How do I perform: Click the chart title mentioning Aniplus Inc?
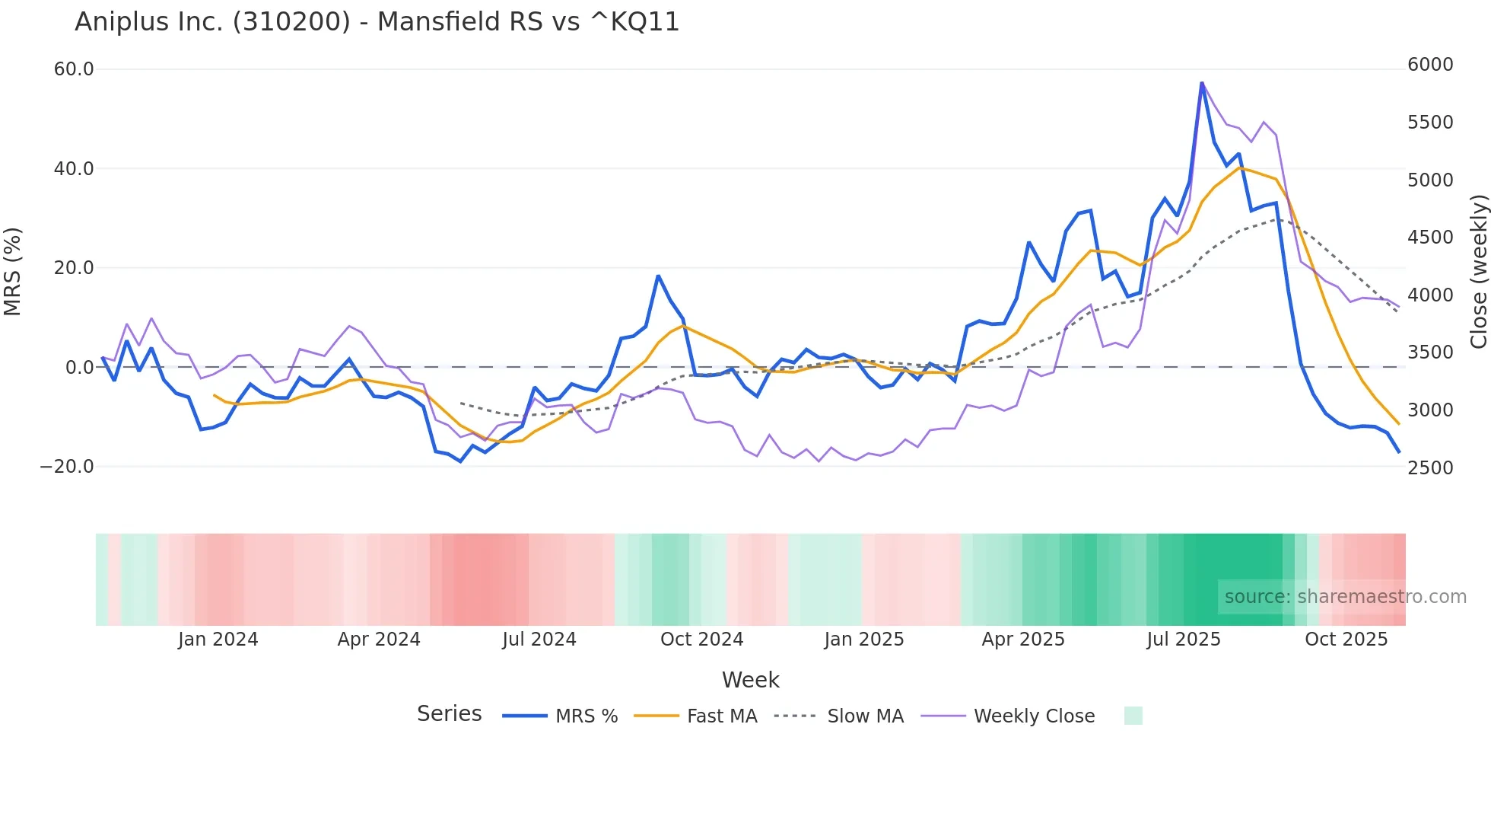[x=377, y=22]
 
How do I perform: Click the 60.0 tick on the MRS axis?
[x=74, y=69]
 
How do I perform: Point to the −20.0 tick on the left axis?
[x=67, y=467]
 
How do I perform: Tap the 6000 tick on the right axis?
[x=1430, y=65]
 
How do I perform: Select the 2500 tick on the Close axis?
[x=1430, y=467]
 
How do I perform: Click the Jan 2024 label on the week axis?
[x=218, y=640]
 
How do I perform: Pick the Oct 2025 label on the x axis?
[x=1346, y=640]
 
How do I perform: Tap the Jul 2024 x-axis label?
[x=539, y=640]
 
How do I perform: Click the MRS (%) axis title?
[x=12, y=271]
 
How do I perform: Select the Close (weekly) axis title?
[x=1478, y=271]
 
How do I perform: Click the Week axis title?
[x=750, y=680]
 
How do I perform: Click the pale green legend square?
[x=1133, y=716]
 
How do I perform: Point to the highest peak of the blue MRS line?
[x=1202, y=83]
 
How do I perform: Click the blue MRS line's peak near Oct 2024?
[x=658, y=276]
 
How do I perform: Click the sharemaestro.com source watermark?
[x=1345, y=597]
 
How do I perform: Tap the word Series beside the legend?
[x=449, y=714]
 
